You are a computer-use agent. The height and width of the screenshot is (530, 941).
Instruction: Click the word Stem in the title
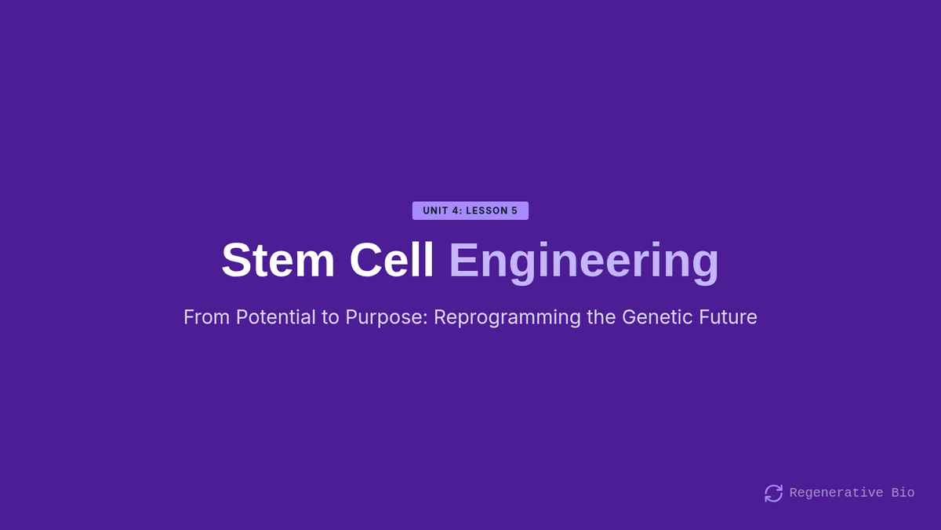click(x=278, y=260)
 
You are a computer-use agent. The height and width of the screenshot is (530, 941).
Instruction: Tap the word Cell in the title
click(x=391, y=260)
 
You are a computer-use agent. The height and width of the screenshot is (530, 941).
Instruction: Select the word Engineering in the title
click(x=584, y=262)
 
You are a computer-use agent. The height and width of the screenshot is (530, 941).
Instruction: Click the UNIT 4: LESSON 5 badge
click(x=470, y=210)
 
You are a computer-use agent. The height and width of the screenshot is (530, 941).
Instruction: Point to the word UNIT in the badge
click(x=435, y=210)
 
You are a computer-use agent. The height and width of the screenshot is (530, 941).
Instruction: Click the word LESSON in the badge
click(x=487, y=210)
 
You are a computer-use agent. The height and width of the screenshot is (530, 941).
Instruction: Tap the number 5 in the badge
click(x=514, y=210)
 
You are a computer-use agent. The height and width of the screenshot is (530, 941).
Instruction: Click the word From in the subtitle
click(x=207, y=316)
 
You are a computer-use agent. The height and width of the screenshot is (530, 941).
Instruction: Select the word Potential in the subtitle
click(x=275, y=316)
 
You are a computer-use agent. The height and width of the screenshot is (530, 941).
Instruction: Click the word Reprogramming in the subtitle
click(x=507, y=318)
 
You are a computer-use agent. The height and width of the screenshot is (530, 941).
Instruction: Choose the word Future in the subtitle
click(x=728, y=316)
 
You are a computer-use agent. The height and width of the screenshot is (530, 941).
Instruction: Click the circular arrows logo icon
click(x=773, y=493)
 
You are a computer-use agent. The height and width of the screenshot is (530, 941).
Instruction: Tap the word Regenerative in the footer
click(x=836, y=492)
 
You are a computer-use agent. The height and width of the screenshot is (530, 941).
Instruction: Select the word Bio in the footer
click(x=903, y=492)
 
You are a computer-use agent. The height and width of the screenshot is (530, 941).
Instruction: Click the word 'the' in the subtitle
click(x=601, y=316)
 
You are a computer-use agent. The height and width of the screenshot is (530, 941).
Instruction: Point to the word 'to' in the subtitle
click(x=330, y=317)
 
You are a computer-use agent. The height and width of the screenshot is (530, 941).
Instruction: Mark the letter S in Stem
click(x=236, y=260)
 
